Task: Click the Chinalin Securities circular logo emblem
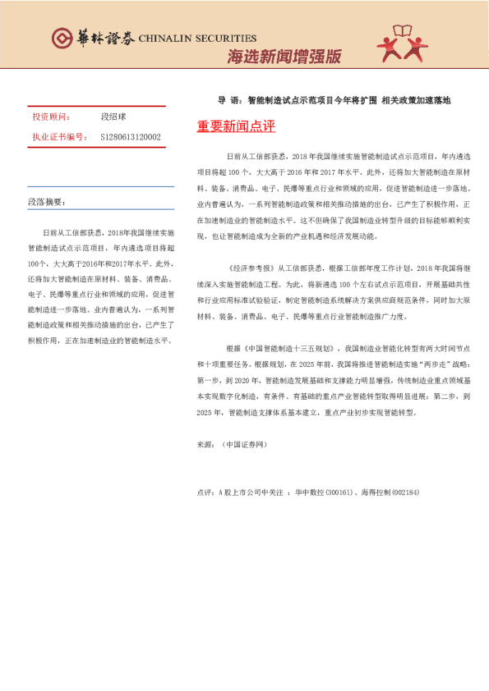click(62, 39)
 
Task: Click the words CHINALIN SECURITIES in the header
click(197, 39)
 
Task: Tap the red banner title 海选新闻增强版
click(284, 57)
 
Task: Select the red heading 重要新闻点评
click(236, 127)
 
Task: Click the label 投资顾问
click(51, 117)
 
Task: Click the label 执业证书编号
click(58, 137)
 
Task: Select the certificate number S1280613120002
click(130, 137)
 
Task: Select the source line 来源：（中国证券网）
click(233, 444)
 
